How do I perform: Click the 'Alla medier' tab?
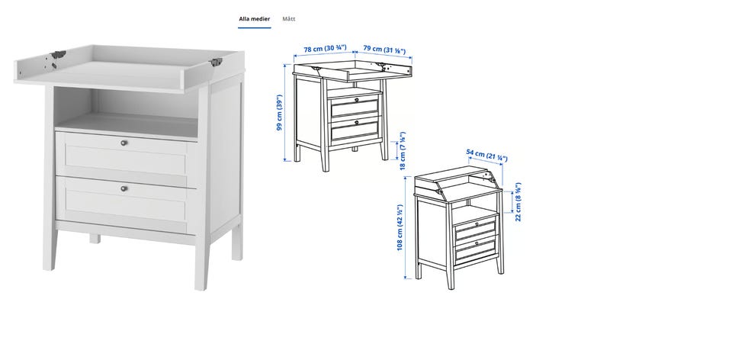coord(255,19)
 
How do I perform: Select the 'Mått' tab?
coord(289,19)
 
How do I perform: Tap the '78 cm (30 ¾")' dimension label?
coord(326,49)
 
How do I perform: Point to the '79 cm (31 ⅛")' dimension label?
coord(384,49)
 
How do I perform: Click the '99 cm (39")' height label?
coord(280,113)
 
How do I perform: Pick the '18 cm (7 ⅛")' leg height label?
coord(403,151)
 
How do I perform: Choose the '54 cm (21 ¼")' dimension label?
coord(486,156)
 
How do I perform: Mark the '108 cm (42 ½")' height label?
coord(400,227)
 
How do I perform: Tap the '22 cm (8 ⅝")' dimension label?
coord(518,201)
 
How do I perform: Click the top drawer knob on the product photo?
coord(124,143)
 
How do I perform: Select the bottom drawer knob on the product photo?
coord(124,188)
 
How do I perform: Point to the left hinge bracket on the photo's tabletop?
coord(58,55)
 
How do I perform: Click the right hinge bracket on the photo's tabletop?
coord(215,62)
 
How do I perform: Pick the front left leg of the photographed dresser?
coord(50,247)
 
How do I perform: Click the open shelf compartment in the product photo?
coord(126,112)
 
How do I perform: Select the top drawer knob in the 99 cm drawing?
coord(356,99)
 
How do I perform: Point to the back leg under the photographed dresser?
coord(95,239)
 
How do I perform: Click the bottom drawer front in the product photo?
coord(126,204)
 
